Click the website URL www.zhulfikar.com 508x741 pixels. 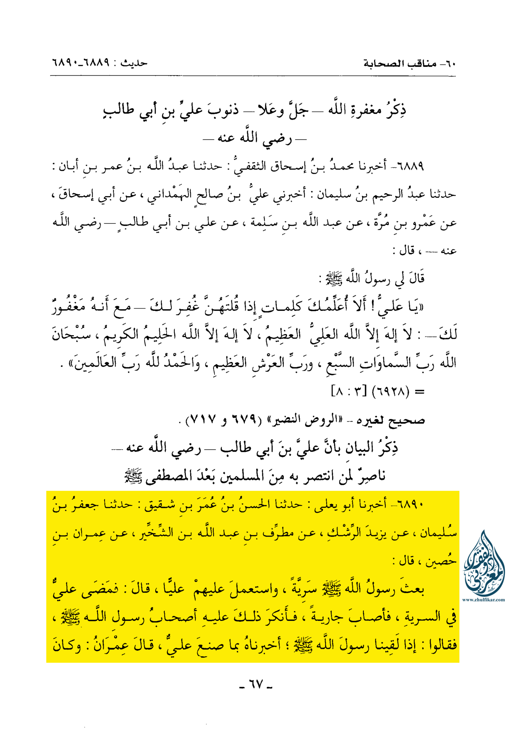(483, 600)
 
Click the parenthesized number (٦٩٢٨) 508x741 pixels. (390, 391)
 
